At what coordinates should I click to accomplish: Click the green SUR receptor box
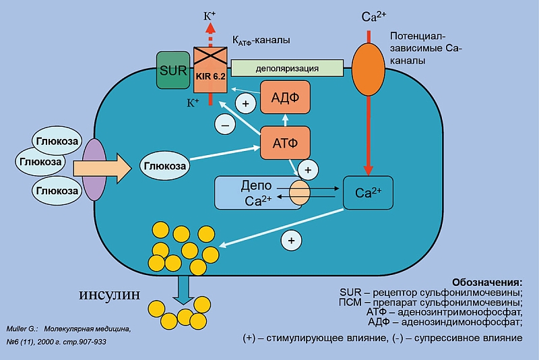click(174, 69)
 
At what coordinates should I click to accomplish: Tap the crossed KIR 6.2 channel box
click(210, 69)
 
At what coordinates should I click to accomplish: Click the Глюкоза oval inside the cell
click(163, 166)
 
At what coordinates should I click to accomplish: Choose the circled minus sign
click(224, 124)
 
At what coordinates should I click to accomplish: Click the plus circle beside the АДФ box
click(245, 103)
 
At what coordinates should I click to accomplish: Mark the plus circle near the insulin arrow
click(291, 239)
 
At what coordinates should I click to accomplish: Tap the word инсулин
click(112, 295)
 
